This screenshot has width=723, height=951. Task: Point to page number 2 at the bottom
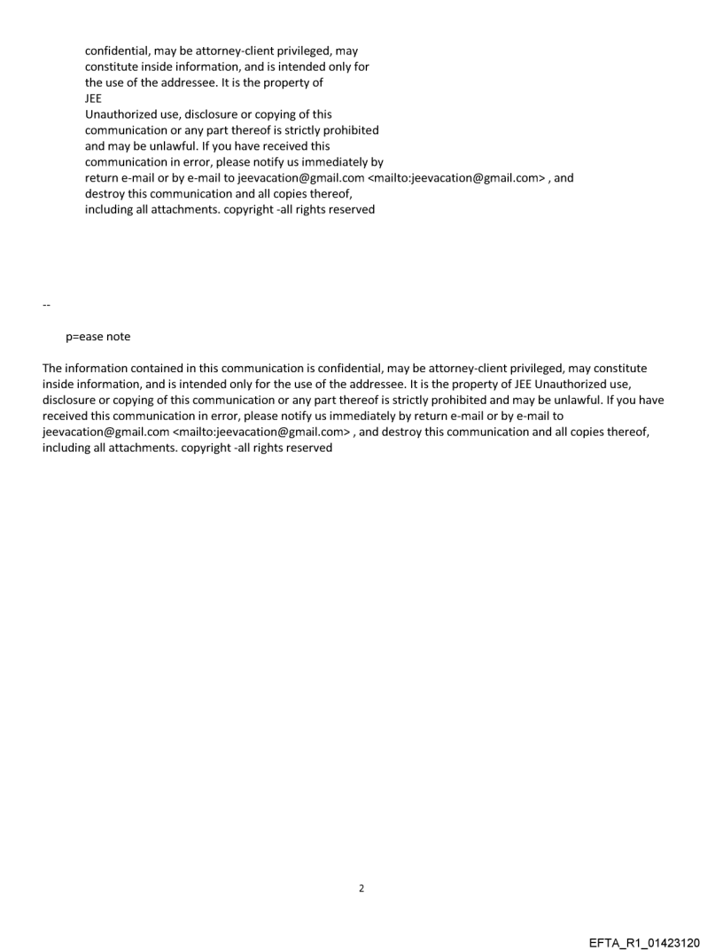coord(361,887)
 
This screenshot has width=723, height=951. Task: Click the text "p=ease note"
coord(97,337)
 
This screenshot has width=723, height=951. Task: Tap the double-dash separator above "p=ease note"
coord(45,306)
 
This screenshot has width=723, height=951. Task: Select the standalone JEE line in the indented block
coord(93,98)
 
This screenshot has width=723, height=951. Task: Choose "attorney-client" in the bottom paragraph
coord(455,368)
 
